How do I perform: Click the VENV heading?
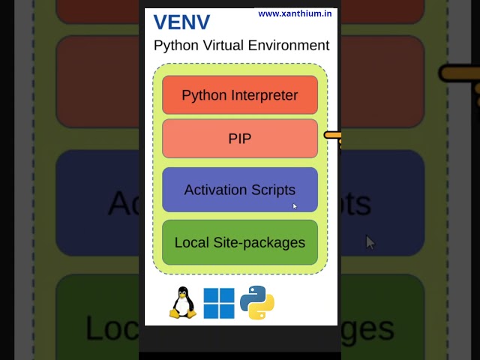181,22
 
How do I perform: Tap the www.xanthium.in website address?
294,13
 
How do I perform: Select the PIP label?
240,139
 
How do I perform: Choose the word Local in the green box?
190,242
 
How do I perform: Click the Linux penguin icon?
182,303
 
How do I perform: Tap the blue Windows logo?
219,303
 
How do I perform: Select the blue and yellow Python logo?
256,303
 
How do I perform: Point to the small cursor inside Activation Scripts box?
295,206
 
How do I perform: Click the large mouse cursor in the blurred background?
370,241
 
